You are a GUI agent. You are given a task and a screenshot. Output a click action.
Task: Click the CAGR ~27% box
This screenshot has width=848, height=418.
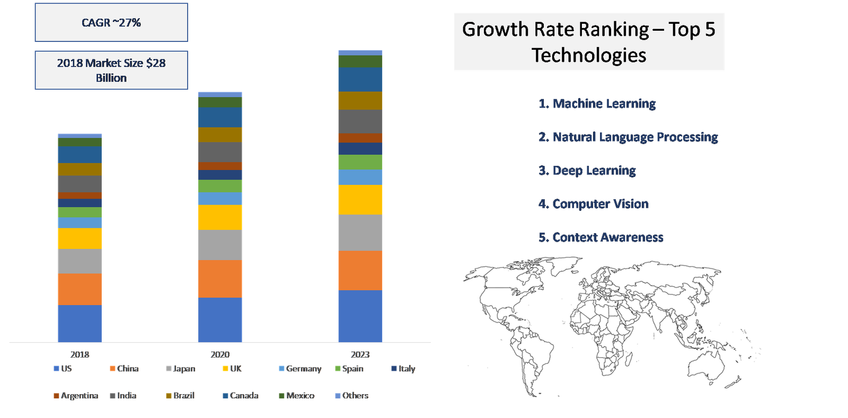click(111, 22)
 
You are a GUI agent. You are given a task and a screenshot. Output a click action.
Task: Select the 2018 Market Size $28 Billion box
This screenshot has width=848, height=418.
click(111, 70)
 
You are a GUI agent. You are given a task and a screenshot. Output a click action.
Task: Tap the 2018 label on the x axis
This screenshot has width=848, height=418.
click(80, 354)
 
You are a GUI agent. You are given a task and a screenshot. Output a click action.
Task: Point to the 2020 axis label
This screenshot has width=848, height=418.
click(220, 354)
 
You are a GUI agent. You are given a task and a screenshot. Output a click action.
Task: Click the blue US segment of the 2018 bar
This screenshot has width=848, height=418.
click(79, 323)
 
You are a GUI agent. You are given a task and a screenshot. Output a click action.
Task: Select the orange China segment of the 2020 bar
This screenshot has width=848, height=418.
click(220, 279)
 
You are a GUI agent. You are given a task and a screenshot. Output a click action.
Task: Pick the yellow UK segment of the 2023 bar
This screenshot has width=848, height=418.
click(360, 200)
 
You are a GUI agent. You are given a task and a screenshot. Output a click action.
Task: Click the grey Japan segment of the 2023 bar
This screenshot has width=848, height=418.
click(360, 233)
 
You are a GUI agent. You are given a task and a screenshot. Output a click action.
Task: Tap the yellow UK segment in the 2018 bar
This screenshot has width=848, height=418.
click(79, 238)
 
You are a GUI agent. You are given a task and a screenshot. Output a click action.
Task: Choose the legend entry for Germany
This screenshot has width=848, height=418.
click(300, 368)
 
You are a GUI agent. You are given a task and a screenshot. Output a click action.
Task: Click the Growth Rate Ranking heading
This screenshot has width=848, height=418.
click(589, 42)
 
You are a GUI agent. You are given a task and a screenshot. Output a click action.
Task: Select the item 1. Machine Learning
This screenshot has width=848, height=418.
click(597, 104)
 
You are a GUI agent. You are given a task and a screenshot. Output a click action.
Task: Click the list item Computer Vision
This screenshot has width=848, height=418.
click(594, 204)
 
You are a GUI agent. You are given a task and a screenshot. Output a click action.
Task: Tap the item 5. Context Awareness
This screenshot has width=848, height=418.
click(601, 237)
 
